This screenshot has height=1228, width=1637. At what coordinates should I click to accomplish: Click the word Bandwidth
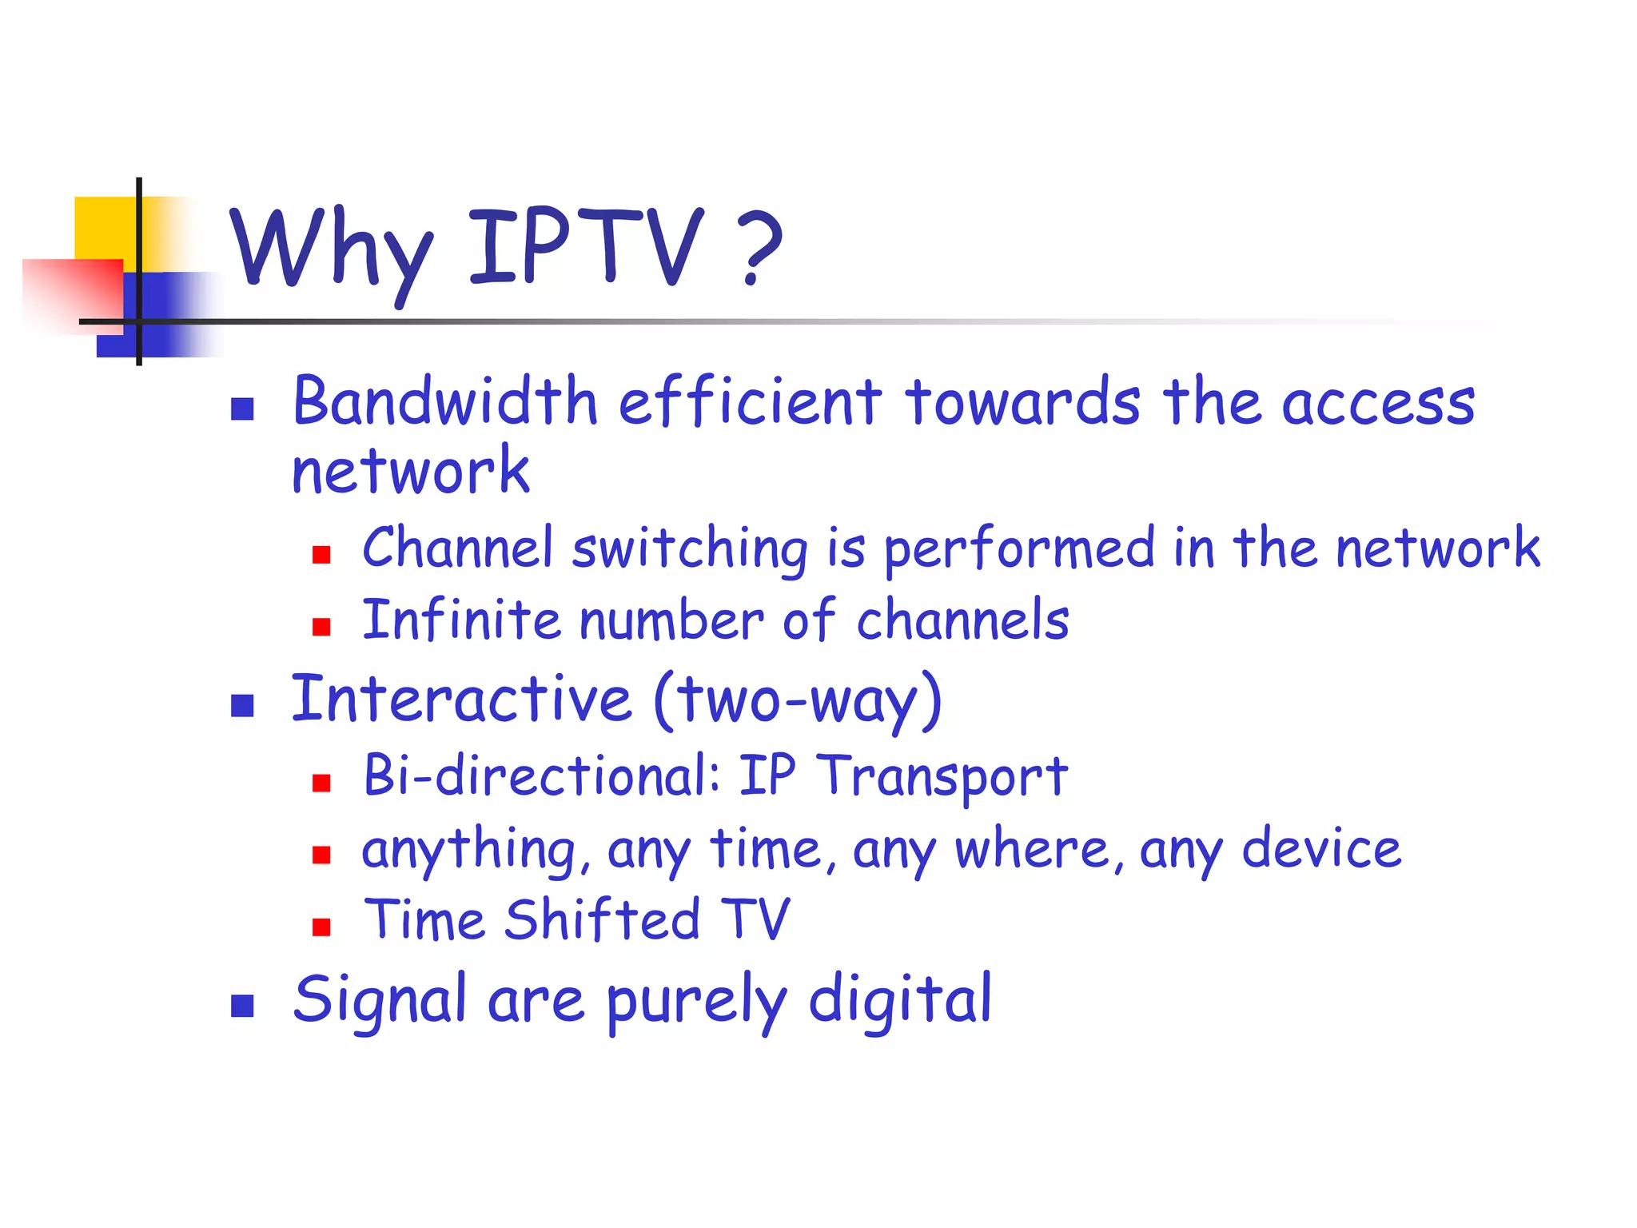pos(445,401)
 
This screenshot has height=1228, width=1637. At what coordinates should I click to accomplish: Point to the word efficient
pos(750,401)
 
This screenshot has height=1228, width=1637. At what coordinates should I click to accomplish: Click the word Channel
pos(457,548)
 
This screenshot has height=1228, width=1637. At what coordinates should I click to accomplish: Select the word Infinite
pos(461,620)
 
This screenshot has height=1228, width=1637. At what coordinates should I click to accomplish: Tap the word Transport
pos(942,776)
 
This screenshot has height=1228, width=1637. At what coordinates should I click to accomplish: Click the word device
pos(1321,849)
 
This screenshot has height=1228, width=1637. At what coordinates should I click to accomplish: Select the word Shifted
pos(603,920)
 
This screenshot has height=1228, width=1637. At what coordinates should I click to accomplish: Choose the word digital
pos(900,1000)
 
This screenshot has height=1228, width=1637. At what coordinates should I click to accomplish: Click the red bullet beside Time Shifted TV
pos(321,927)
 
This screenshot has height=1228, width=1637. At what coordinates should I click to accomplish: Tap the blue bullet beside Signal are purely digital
pos(242,1006)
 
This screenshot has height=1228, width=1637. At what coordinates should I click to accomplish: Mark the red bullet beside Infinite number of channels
pos(321,627)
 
